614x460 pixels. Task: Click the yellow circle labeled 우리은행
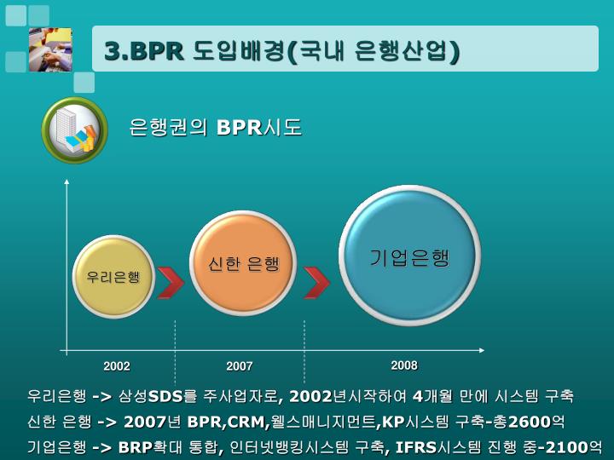pyautogui.click(x=113, y=277)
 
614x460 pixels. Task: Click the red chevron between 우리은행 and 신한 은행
pyautogui.click(x=171, y=282)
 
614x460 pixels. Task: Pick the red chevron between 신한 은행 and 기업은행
pyautogui.click(x=316, y=282)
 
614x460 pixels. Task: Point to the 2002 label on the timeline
pyautogui.click(x=117, y=366)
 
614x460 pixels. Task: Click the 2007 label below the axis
pyautogui.click(x=240, y=366)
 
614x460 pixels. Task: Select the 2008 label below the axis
pyautogui.click(x=404, y=365)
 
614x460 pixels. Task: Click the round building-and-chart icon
pyautogui.click(x=75, y=130)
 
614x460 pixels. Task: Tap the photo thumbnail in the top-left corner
pyautogui.click(x=50, y=49)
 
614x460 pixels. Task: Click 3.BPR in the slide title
pyautogui.click(x=144, y=51)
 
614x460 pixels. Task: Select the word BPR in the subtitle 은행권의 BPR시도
pyautogui.click(x=239, y=128)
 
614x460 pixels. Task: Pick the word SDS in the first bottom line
pyautogui.click(x=165, y=396)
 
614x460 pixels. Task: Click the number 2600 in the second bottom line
pyautogui.click(x=529, y=422)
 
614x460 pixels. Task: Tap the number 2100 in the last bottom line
pyautogui.click(x=567, y=447)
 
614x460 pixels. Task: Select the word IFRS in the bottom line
pyautogui.click(x=416, y=447)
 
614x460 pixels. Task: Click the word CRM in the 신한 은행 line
pyautogui.click(x=246, y=422)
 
